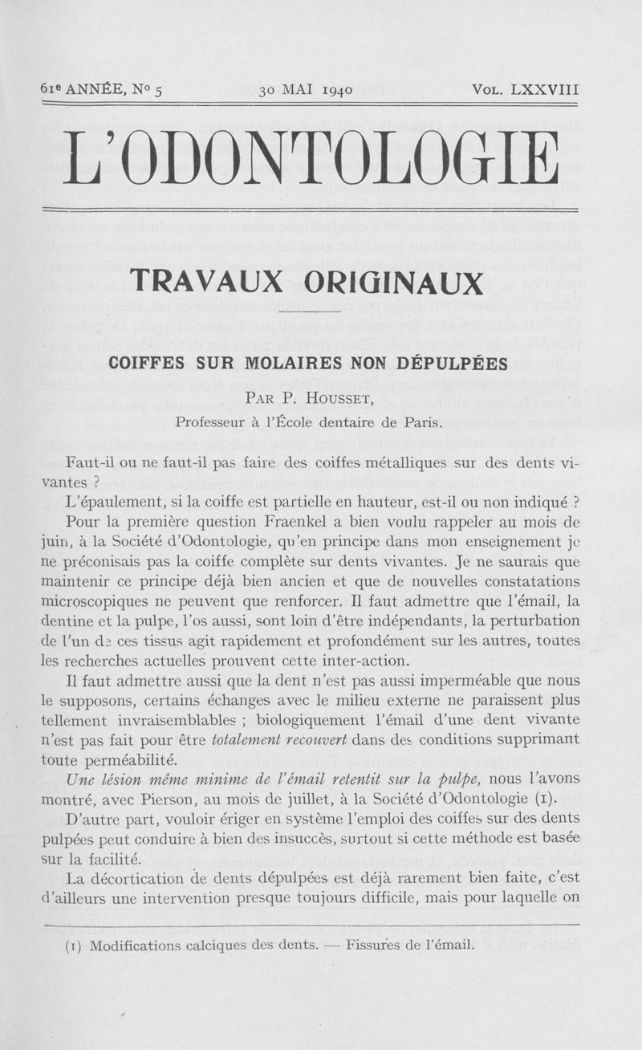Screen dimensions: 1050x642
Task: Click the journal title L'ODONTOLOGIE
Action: tap(311, 157)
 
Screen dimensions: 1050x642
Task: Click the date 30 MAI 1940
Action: tap(306, 90)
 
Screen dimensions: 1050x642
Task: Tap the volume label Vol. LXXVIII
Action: tap(526, 89)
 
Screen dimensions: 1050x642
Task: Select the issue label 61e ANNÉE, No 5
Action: tap(101, 89)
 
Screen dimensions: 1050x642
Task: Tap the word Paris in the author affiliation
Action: tap(424, 421)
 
